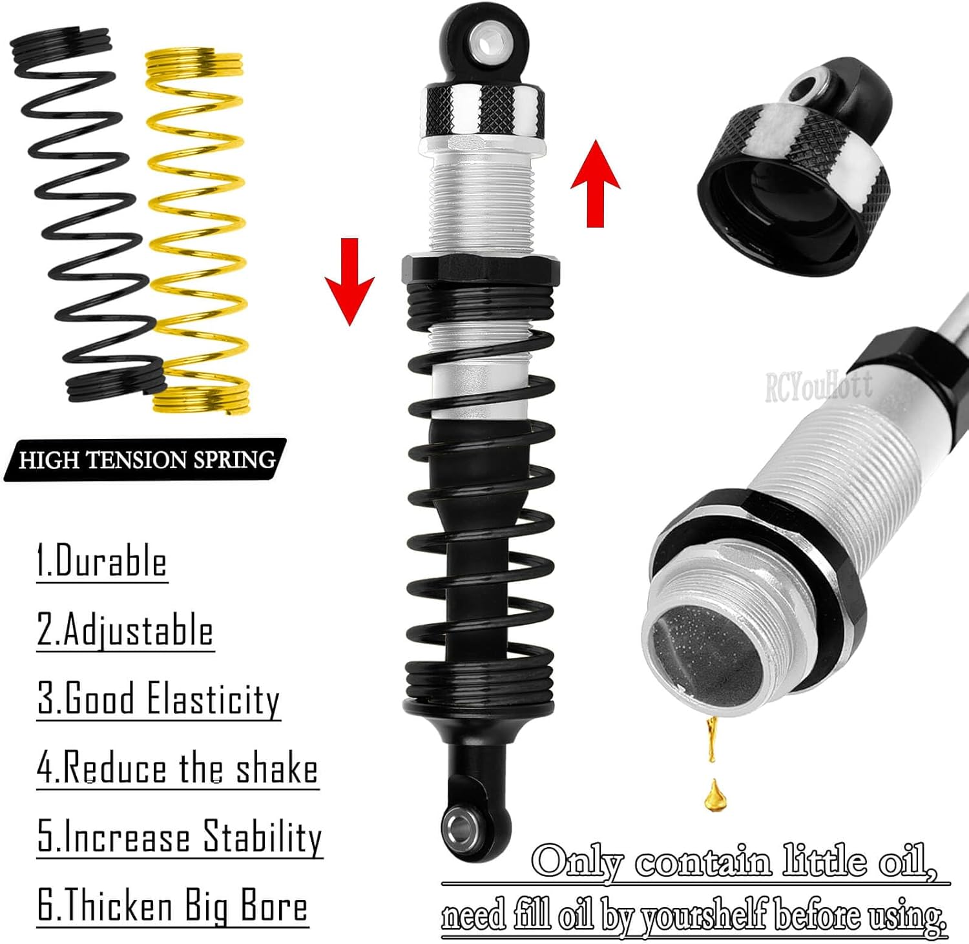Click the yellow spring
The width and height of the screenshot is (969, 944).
tap(197, 232)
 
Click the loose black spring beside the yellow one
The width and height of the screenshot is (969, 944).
tap(87, 213)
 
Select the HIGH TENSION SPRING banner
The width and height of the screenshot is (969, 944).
tap(146, 460)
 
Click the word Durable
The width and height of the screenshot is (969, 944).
tap(111, 561)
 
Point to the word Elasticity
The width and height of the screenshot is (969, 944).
tap(213, 699)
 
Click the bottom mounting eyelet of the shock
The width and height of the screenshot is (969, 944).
tap(461, 825)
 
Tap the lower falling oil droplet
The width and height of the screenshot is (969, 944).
tap(714, 795)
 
